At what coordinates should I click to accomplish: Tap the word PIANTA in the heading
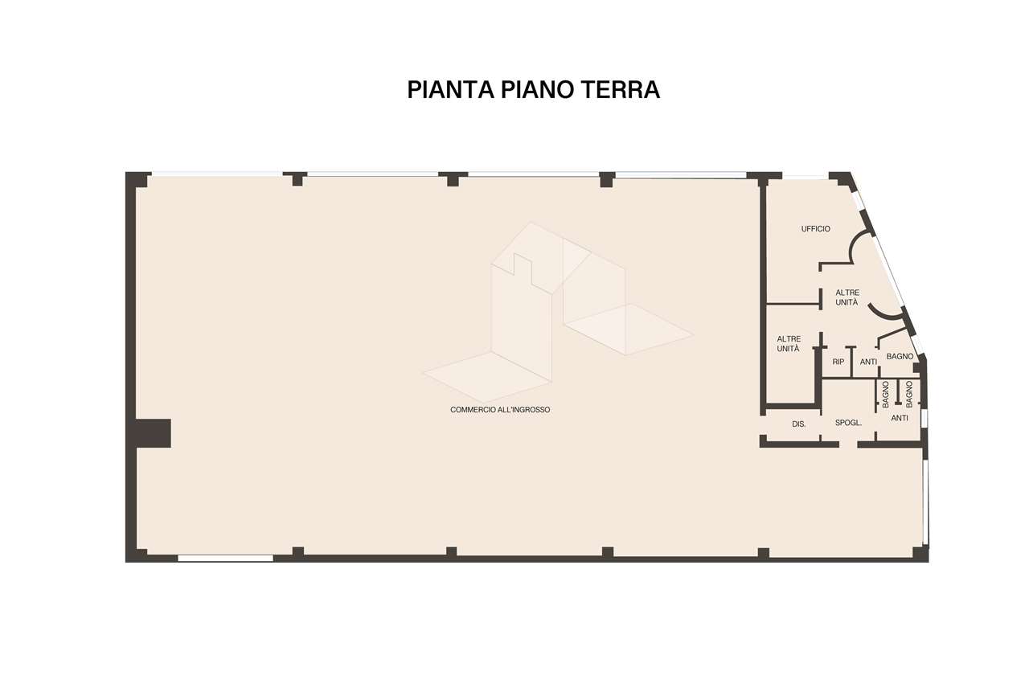(x=450, y=89)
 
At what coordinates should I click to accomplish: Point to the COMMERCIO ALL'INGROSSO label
(x=500, y=410)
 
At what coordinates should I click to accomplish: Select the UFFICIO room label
(x=816, y=229)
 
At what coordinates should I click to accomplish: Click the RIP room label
(x=838, y=362)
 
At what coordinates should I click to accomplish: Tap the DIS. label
(x=799, y=424)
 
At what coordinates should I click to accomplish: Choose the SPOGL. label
(x=848, y=423)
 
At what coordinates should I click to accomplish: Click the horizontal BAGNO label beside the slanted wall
(x=900, y=357)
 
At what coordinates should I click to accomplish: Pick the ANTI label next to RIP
(x=868, y=362)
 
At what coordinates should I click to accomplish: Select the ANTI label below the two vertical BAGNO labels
(x=900, y=418)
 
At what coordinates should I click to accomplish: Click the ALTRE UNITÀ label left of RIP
(x=789, y=344)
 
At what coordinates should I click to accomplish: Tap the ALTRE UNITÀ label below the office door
(x=847, y=297)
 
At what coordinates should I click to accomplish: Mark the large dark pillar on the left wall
(x=153, y=433)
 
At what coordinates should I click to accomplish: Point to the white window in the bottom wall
(x=226, y=558)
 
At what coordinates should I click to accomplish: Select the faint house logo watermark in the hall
(x=558, y=313)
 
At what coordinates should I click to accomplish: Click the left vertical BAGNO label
(x=886, y=394)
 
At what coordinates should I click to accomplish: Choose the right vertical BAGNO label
(x=909, y=394)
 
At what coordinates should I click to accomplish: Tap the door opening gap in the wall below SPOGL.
(x=848, y=444)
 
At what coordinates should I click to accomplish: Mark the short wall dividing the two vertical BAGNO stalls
(x=898, y=392)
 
